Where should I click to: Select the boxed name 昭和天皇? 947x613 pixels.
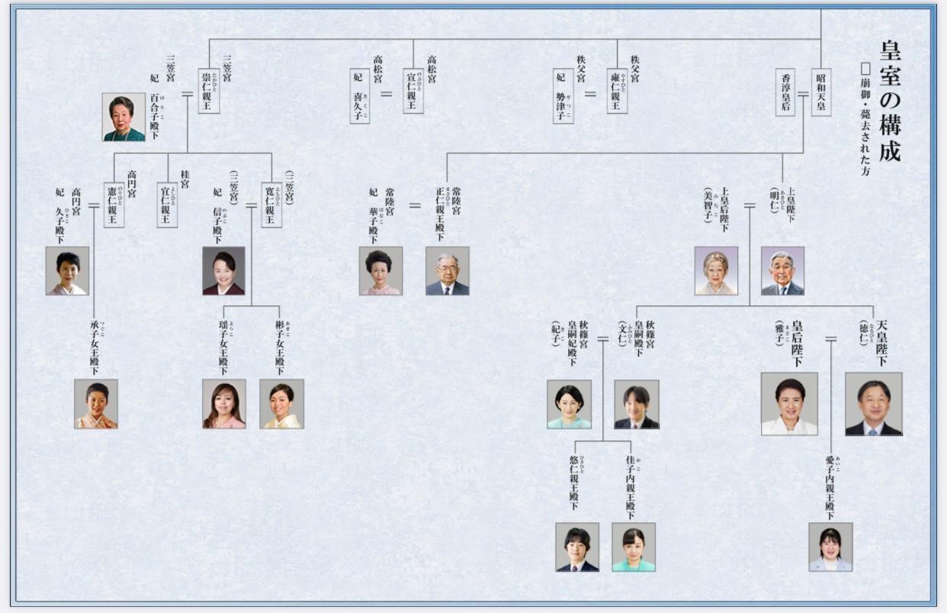coord(821,92)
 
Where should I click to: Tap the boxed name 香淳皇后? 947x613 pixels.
coord(785,92)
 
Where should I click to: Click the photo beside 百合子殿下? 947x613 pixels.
coord(124,117)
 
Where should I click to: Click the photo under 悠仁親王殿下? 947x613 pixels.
coord(577,547)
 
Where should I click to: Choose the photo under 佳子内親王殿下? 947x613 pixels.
coord(634,547)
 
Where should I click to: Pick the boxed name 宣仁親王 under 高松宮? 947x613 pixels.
coord(413,92)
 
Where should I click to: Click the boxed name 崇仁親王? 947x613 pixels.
coord(209,92)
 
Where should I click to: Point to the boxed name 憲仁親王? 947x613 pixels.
coord(114,205)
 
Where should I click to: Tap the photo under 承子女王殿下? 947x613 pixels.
coord(96,404)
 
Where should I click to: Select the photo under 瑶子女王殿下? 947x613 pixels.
coord(224,404)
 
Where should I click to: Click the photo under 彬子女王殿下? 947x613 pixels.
coord(281,404)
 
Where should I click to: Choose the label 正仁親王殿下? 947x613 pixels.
coord(441,214)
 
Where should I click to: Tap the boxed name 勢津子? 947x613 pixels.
coord(563,95)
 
